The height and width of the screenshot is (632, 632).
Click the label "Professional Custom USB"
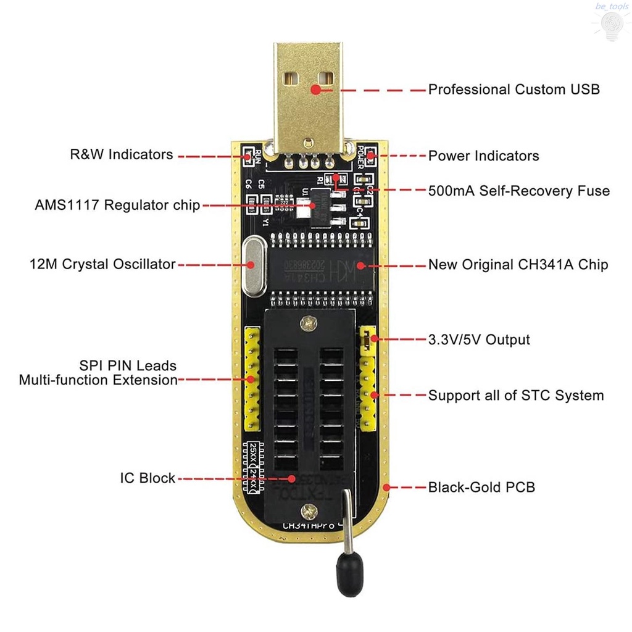pos(513,89)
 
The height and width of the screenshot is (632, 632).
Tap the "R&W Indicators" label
pos(122,154)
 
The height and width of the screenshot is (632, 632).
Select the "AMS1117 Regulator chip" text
pos(117,205)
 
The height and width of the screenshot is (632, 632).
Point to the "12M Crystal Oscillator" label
pos(102,264)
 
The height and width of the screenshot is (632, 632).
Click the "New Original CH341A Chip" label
pos(518,265)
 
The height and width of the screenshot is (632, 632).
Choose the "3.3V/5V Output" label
pos(479,339)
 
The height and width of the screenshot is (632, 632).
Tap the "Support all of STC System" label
pos(515,395)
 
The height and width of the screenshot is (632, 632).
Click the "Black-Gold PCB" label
pos(481,487)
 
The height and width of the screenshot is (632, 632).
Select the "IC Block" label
pos(148,478)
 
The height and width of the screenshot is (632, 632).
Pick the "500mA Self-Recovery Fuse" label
pos(518,191)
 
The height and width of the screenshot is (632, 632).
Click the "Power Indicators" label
pos(483,156)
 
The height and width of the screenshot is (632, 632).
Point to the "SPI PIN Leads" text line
pos(128,365)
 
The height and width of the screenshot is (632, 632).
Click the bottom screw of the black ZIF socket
pos(308,510)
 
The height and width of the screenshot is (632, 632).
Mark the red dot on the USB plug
pos(316,89)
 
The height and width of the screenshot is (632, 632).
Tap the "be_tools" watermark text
pos(611,6)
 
